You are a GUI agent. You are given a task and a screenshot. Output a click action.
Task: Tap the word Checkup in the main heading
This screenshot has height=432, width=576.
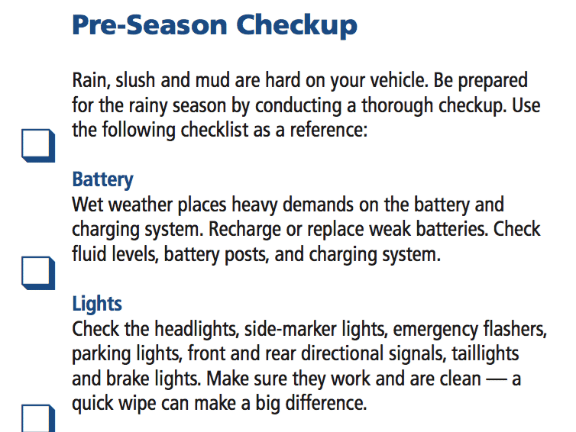[296, 26]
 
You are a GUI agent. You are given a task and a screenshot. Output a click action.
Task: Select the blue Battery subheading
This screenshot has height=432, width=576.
[102, 180]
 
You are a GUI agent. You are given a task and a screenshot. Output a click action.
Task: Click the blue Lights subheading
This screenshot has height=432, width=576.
[97, 304]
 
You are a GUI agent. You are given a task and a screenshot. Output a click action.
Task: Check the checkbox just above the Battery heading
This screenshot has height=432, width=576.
[38, 145]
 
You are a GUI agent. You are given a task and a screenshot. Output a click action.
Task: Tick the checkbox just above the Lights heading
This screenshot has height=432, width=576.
[38, 272]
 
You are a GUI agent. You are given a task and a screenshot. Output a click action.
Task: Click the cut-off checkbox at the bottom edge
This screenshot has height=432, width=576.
[38, 418]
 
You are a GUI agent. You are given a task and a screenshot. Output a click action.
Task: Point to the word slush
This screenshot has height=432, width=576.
[135, 80]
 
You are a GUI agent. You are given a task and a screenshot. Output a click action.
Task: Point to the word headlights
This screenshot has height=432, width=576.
[197, 329]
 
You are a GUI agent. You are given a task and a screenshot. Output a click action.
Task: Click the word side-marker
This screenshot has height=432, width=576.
[290, 329]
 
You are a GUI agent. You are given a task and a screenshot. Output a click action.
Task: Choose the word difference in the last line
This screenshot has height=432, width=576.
[326, 403]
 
